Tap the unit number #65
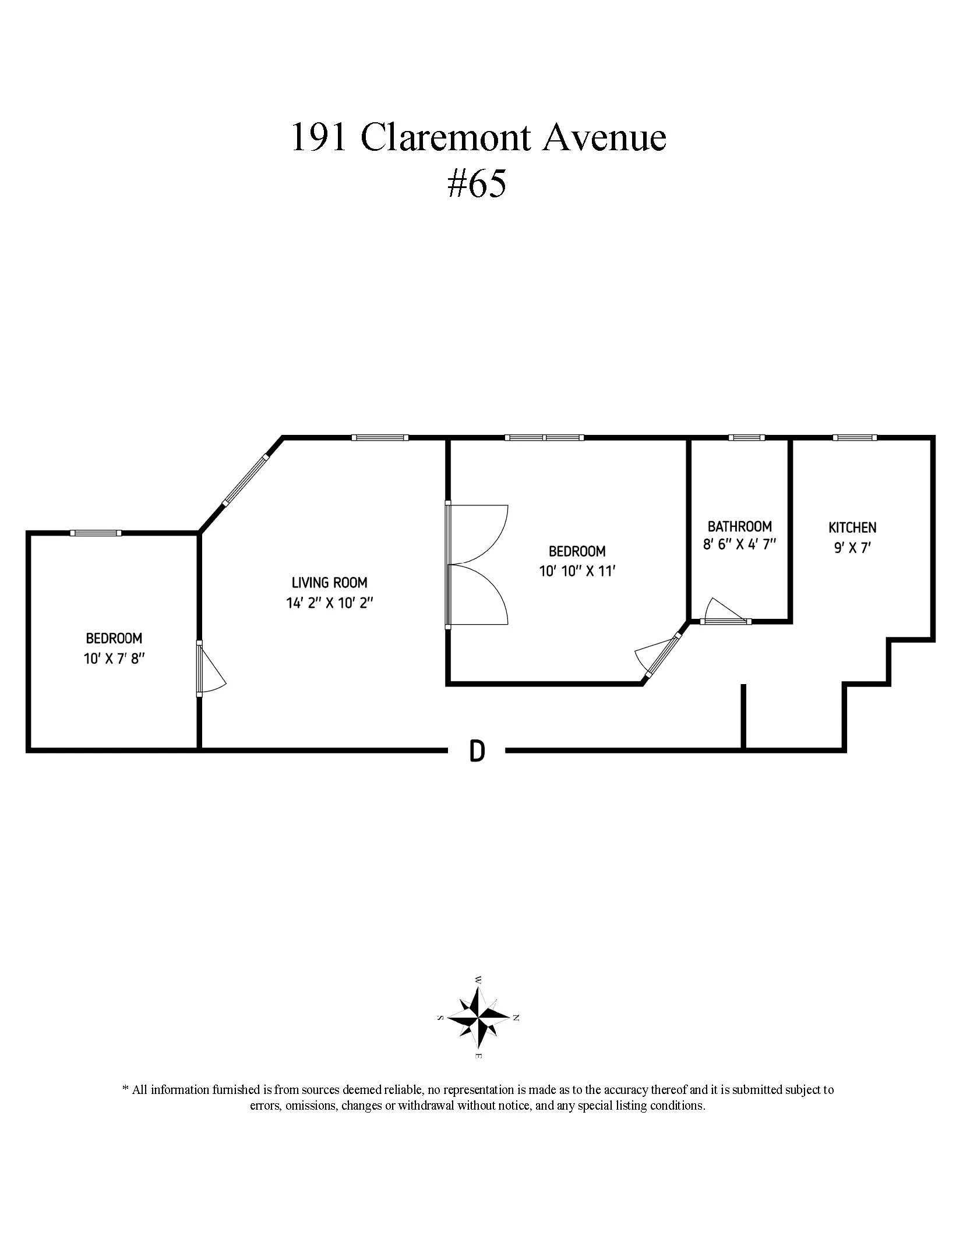coord(477,185)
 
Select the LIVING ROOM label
coord(329,582)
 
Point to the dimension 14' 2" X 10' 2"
coord(329,603)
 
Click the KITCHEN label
coord(852,527)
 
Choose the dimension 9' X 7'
coord(852,548)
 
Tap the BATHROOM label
coord(739,526)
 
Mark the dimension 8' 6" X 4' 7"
coord(739,546)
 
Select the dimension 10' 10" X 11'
coord(577,571)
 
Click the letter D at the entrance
coord(477,752)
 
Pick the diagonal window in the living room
coord(245,480)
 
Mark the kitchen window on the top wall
coord(854,437)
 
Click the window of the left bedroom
coord(96,533)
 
